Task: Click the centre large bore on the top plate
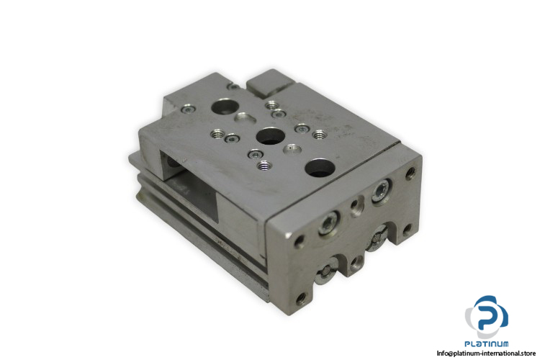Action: [270, 136]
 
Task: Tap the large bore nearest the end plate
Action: [320, 168]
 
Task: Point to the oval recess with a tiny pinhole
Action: [292, 150]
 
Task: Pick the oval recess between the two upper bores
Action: [245, 117]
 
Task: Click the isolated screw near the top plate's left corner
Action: [189, 109]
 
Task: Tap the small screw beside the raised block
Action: [234, 87]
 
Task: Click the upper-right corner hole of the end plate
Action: [410, 173]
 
